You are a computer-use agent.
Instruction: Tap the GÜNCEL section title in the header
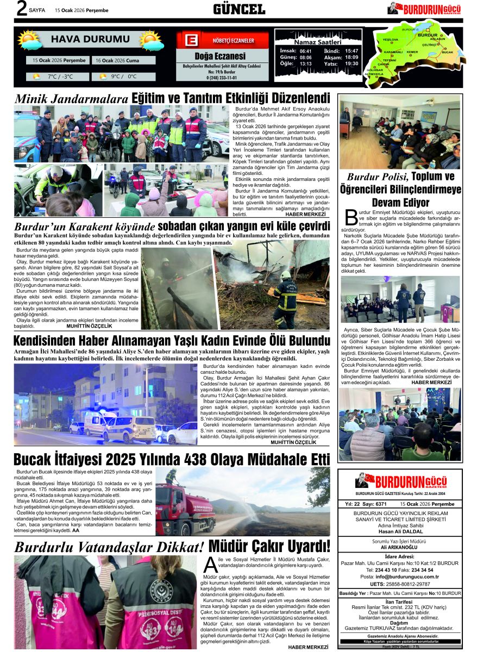(x=238, y=9)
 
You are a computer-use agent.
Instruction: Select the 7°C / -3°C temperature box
(x=59, y=76)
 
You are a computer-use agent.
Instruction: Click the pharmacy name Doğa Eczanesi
(x=219, y=56)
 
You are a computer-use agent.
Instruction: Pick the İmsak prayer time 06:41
(x=305, y=51)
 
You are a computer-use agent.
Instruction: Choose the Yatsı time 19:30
(x=352, y=64)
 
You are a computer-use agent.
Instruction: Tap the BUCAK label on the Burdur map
(x=447, y=52)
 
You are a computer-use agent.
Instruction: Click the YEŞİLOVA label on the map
(x=391, y=40)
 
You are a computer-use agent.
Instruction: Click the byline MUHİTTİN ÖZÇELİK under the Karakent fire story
(x=89, y=326)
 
